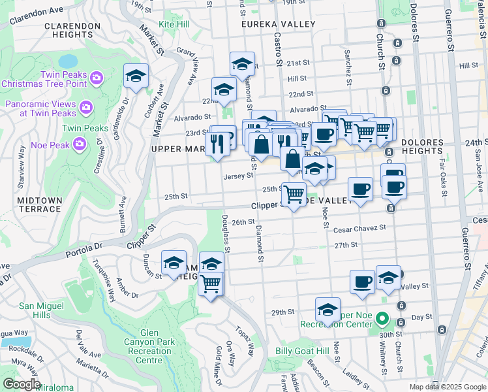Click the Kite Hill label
point(175,24)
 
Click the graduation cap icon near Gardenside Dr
point(136,76)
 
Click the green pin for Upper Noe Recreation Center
point(384,320)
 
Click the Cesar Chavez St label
point(359,229)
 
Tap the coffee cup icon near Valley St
point(362,282)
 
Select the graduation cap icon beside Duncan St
point(174,263)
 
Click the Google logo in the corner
point(21,384)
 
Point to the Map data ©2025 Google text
point(447,386)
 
